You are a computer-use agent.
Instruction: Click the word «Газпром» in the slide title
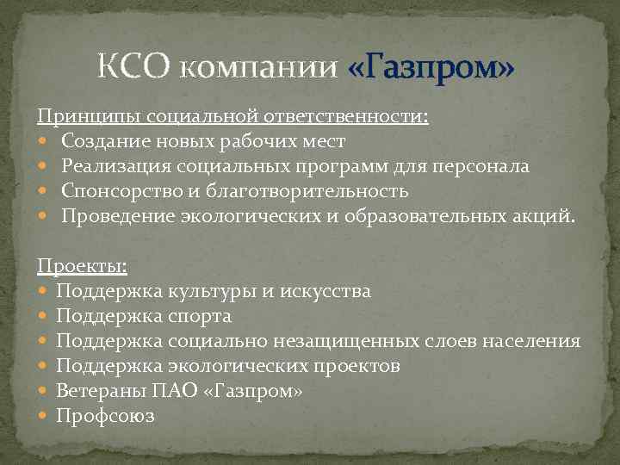431,66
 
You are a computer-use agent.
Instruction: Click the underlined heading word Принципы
86,115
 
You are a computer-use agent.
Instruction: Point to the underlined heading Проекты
82,266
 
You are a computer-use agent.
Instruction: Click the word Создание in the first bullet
102,140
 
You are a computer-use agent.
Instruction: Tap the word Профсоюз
105,416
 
